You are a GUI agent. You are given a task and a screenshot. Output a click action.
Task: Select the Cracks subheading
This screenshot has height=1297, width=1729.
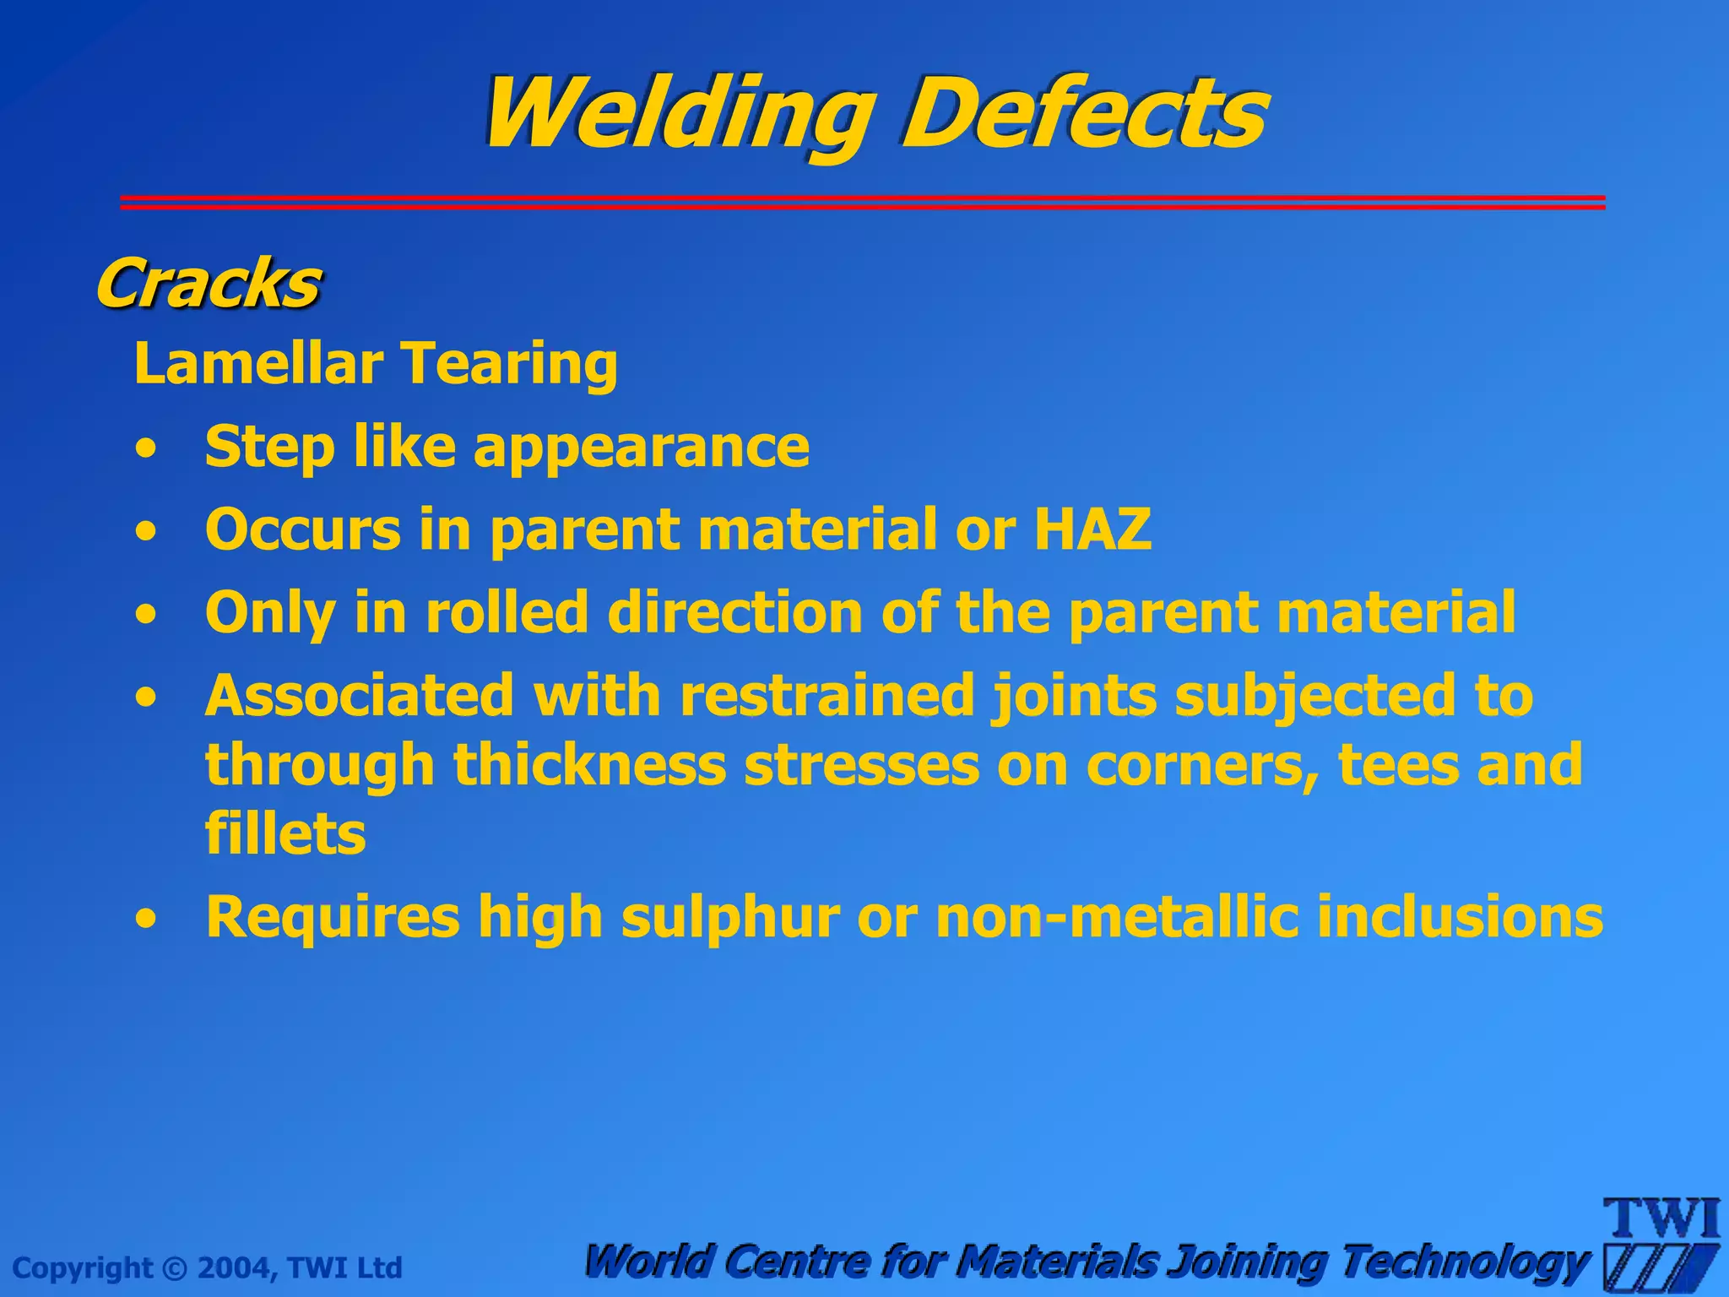208,284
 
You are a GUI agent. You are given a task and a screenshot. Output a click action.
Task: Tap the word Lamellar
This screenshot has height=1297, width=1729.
258,363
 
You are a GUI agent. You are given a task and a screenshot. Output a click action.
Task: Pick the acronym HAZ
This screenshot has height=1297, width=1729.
1092,529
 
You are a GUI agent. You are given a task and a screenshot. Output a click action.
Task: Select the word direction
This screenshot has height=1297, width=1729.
734,611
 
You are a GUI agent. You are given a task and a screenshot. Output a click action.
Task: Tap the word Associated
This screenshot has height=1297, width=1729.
359,696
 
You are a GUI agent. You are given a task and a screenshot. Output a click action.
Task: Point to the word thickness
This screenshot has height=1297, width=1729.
589,765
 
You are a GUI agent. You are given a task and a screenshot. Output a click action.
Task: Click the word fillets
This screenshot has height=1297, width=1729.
285,834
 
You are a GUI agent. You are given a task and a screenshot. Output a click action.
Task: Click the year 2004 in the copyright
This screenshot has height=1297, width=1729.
234,1268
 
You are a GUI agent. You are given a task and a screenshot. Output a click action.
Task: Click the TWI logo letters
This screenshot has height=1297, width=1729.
1661,1218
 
